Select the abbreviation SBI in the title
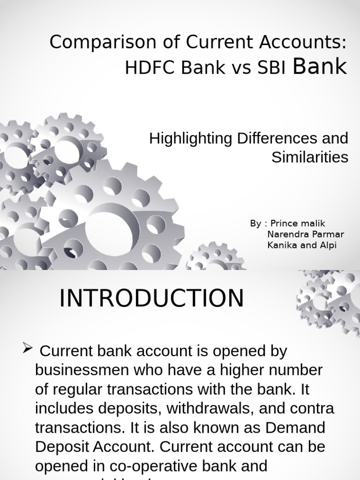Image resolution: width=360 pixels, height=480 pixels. click(271, 68)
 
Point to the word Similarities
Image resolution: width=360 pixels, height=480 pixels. click(310, 157)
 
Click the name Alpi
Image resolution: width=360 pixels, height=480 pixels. click(328, 245)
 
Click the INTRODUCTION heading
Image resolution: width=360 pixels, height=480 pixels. click(151, 299)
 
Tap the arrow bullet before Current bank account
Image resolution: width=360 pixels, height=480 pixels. click(28, 348)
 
